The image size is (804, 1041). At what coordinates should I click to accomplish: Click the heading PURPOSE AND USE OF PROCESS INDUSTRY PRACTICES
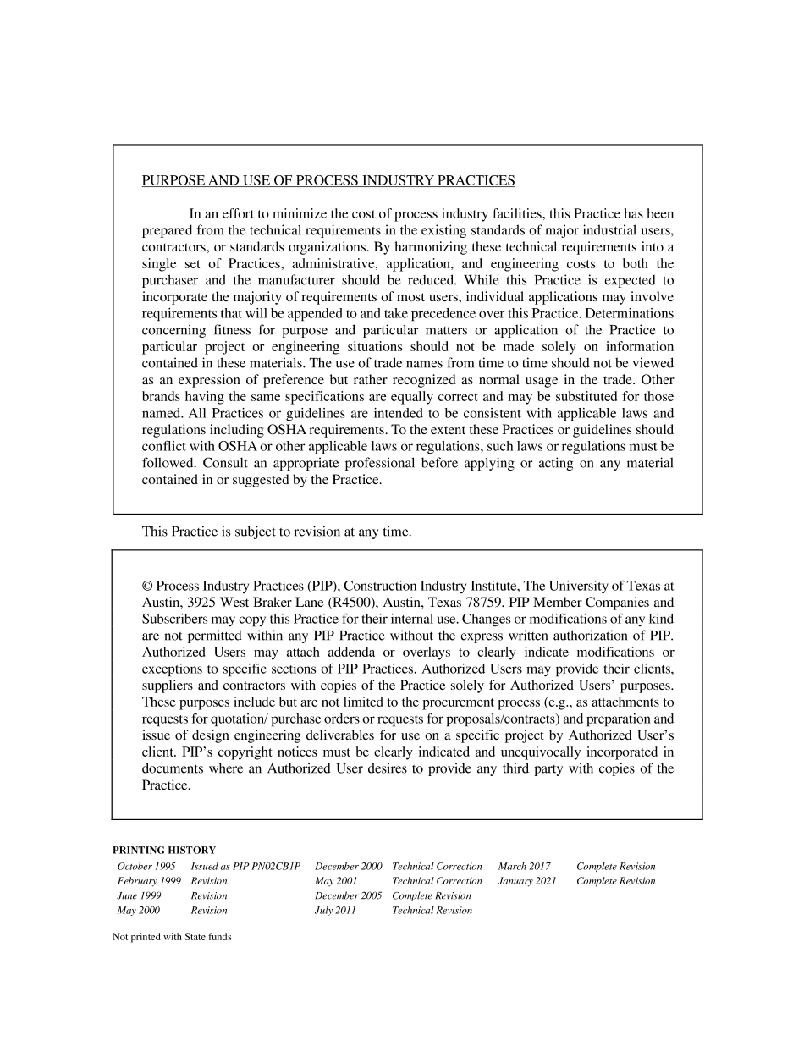[328, 180]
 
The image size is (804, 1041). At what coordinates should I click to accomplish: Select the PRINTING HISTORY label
[164, 850]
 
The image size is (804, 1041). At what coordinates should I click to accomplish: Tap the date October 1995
[146, 866]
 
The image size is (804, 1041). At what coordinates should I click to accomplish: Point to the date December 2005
[348, 895]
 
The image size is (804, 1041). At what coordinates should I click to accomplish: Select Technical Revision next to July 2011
[432, 911]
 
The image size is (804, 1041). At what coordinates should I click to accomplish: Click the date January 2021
[527, 881]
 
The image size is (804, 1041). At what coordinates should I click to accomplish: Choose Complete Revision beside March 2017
[615, 866]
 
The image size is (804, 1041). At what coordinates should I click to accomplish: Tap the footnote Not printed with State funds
[172, 937]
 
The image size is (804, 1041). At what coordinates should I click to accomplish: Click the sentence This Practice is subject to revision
[277, 532]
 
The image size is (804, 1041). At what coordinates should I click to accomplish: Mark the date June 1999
[138, 895]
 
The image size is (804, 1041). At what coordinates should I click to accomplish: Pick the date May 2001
[336, 881]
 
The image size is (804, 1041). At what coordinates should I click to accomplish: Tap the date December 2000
[348, 866]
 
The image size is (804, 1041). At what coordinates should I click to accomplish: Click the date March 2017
[524, 866]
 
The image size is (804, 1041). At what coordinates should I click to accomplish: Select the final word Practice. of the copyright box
[166, 785]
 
